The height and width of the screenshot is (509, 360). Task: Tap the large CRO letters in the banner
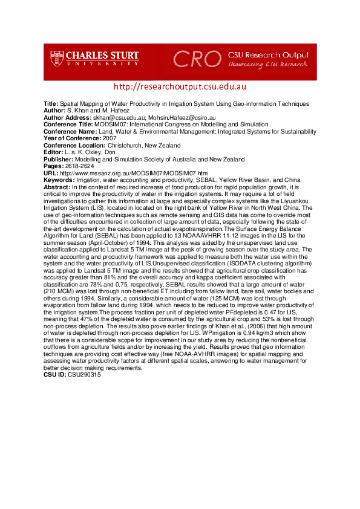tap(197, 59)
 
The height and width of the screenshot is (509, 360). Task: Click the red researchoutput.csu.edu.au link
tap(179, 87)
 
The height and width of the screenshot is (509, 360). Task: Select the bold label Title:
tap(51, 103)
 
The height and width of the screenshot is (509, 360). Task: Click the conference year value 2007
tap(110, 137)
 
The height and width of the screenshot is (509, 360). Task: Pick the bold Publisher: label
tap(58, 160)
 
